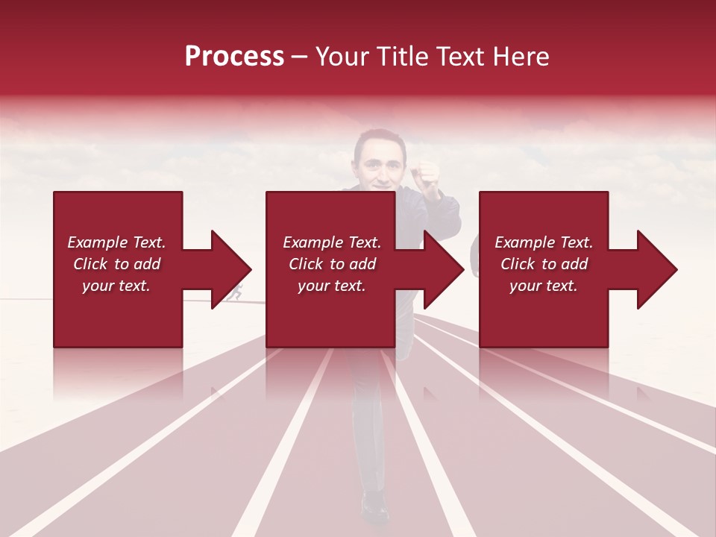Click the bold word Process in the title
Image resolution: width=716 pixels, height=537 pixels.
pyautogui.click(x=234, y=57)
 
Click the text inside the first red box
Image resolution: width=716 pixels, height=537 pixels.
pyautogui.click(x=116, y=264)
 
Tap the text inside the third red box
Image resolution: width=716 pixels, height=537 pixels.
pyautogui.click(x=544, y=264)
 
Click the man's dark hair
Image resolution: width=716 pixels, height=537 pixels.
pyautogui.click(x=377, y=137)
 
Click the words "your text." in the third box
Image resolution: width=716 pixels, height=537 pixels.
pyautogui.click(x=544, y=286)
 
